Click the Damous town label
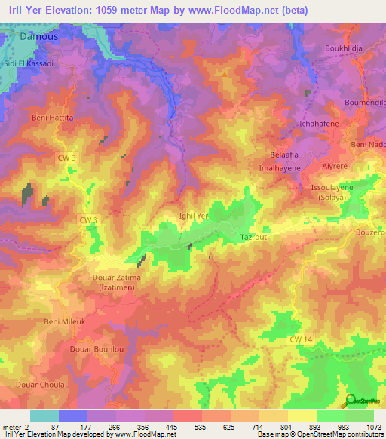pos(38,35)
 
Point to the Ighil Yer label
pos(192,215)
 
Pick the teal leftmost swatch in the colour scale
pos(44,416)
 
